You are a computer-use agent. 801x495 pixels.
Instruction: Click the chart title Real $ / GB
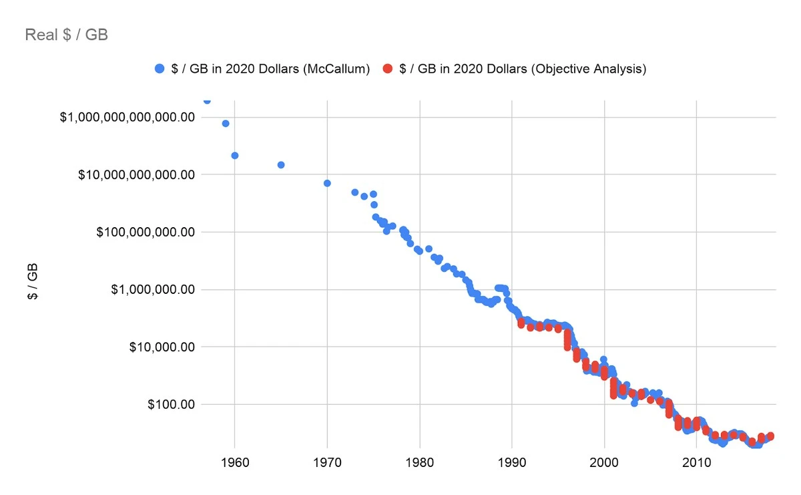coord(66,35)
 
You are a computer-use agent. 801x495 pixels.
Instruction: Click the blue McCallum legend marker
coord(159,69)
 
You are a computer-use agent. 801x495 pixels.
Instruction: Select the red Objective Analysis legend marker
coord(387,69)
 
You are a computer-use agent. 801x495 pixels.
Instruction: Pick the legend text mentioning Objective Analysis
coord(522,69)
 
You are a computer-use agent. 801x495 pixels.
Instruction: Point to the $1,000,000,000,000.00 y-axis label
coord(127,118)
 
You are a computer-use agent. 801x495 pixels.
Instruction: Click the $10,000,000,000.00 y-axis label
coord(136,175)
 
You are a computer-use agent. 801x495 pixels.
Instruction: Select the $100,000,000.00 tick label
coord(145,232)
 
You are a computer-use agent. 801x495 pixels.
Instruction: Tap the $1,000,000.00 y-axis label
coord(153,290)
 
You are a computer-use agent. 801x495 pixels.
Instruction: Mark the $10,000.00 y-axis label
coord(162,347)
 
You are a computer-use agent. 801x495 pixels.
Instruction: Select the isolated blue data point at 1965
coord(281,164)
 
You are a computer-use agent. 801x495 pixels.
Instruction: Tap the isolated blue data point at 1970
coord(327,183)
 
